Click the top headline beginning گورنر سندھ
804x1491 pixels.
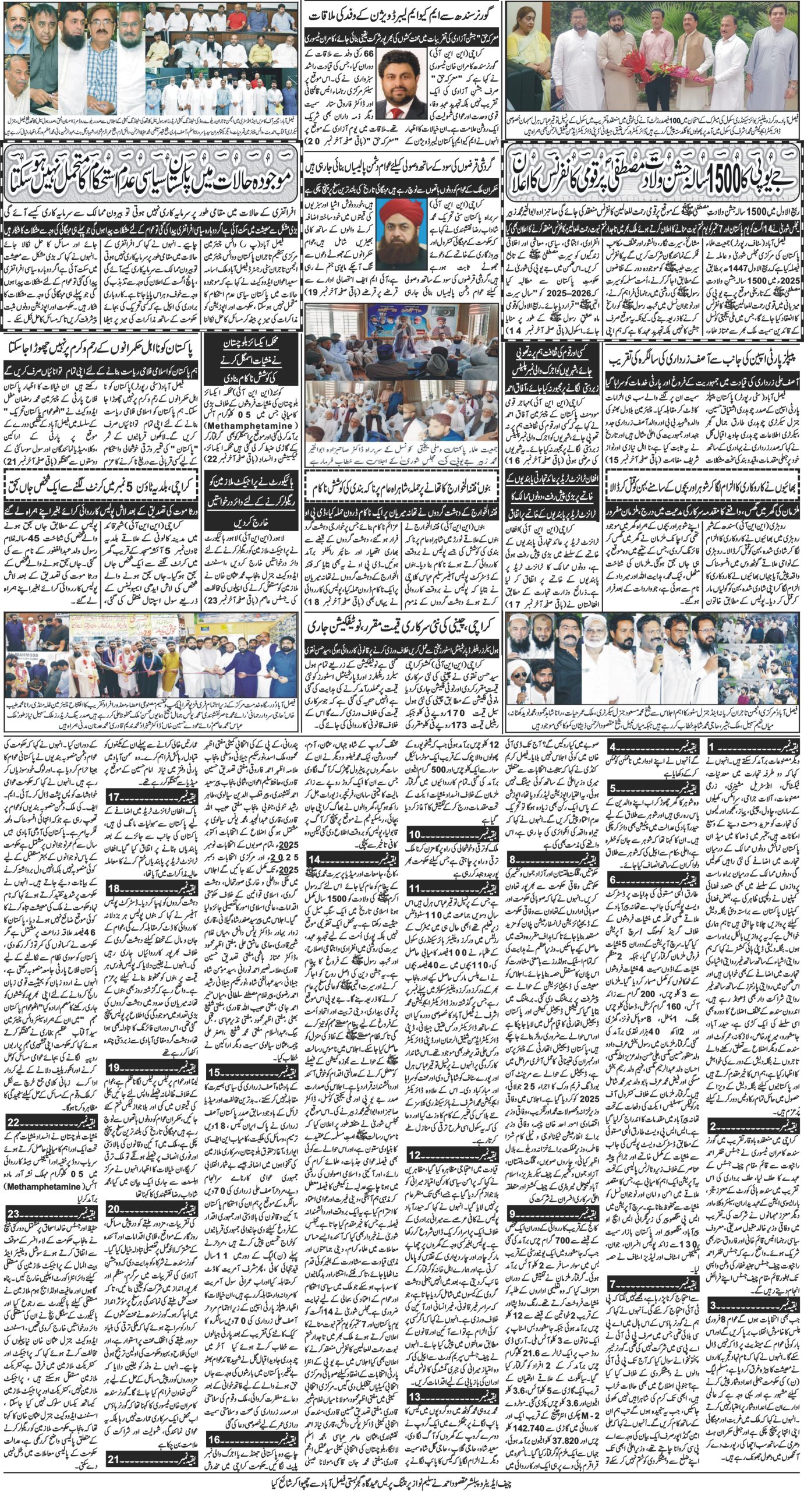[402, 13]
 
